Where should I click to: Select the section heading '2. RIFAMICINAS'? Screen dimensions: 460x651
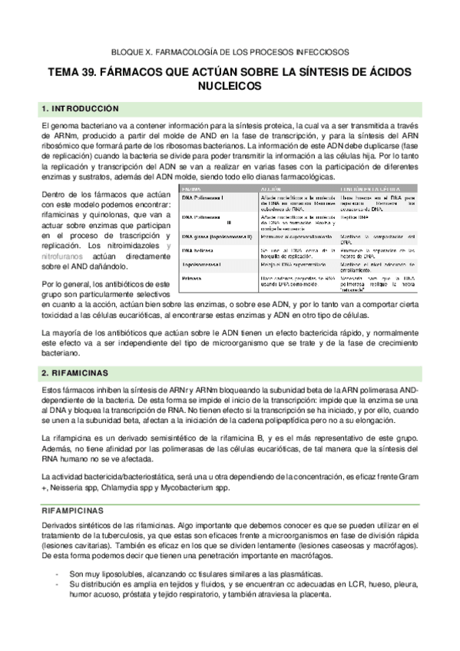click(x=77, y=373)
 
